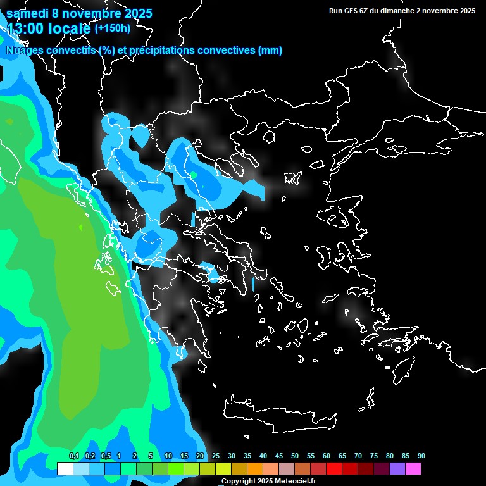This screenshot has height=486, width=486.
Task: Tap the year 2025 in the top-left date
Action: pyautogui.click(x=135, y=13)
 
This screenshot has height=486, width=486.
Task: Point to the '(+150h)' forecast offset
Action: pyautogui.click(x=112, y=28)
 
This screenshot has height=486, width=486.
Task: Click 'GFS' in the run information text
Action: pyautogui.click(x=349, y=11)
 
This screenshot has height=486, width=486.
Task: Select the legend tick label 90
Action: pyautogui.click(x=421, y=456)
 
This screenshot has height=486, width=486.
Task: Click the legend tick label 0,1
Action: pyautogui.click(x=73, y=456)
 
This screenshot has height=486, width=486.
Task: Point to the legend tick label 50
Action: pyautogui.click(x=294, y=456)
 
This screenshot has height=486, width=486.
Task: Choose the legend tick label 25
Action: pyautogui.click(x=215, y=456)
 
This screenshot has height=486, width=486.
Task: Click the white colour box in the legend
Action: pyautogui.click(x=65, y=468)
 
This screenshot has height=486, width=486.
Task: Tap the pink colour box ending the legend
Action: pyautogui.click(x=413, y=468)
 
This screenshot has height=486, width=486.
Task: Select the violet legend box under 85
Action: pyautogui.click(x=397, y=468)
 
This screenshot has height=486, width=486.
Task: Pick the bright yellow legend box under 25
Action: pyautogui.click(x=223, y=468)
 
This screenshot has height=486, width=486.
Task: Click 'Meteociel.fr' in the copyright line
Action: pyautogui.click(x=296, y=482)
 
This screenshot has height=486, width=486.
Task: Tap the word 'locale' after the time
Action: pyautogui.click(x=70, y=28)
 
